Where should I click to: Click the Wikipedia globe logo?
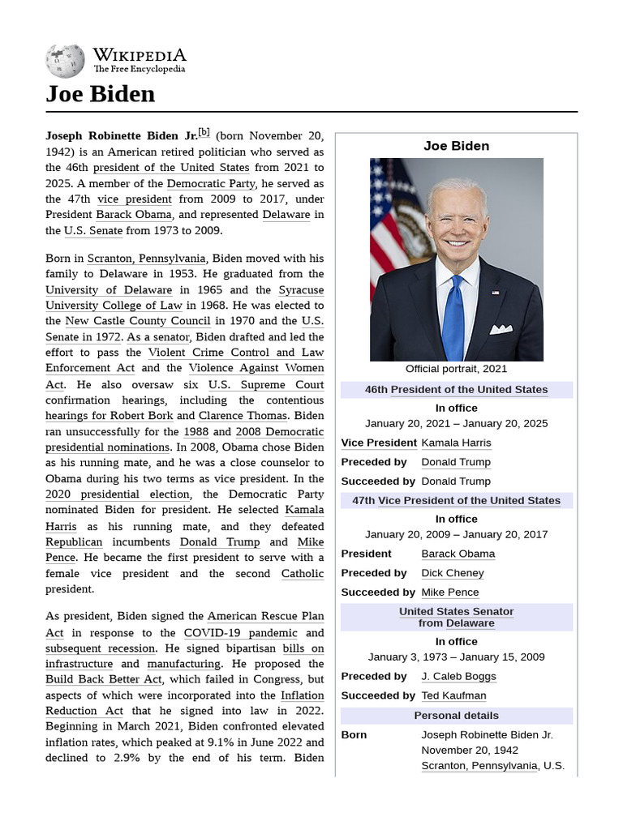(x=64, y=61)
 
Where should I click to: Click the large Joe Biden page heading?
(x=100, y=95)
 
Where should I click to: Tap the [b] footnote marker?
(x=204, y=132)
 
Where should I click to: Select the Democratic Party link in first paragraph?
(x=211, y=183)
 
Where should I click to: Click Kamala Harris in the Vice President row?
(x=456, y=443)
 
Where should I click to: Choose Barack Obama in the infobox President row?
(x=458, y=554)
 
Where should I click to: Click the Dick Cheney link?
(x=452, y=573)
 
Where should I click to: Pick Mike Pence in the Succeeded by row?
(x=449, y=593)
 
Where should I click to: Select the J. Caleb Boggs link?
(x=458, y=676)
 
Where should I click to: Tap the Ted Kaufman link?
(x=453, y=695)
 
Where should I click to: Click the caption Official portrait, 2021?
(x=456, y=369)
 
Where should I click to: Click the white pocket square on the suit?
(x=501, y=329)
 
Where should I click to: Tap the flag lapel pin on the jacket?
(x=495, y=292)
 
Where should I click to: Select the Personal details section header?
(x=456, y=716)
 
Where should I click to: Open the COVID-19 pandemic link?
(x=230, y=632)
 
